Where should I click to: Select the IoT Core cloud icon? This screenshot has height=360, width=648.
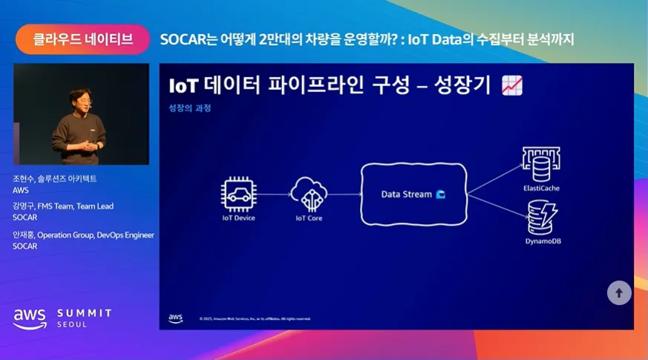pyautogui.click(x=309, y=194)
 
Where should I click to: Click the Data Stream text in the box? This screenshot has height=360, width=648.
pyautogui.click(x=406, y=194)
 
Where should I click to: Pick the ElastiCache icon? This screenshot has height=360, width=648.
pyautogui.click(x=541, y=164)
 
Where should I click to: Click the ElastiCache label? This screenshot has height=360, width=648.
pyautogui.click(x=541, y=189)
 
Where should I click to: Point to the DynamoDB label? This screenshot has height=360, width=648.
pyautogui.click(x=542, y=241)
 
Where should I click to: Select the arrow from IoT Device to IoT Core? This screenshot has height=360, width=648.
pyautogui.click(x=273, y=195)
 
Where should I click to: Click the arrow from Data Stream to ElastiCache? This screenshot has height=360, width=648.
pyautogui.click(x=494, y=178)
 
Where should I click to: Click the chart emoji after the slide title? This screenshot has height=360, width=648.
pyautogui.click(x=512, y=85)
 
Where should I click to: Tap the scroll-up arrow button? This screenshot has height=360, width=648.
pyautogui.click(x=619, y=292)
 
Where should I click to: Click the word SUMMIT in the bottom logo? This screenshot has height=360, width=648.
pyautogui.click(x=85, y=313)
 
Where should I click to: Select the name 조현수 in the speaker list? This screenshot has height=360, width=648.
pyautogui.click(x=23, y=179)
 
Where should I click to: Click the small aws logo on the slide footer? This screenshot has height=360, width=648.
pyautogui.click(x=175, y=318)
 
